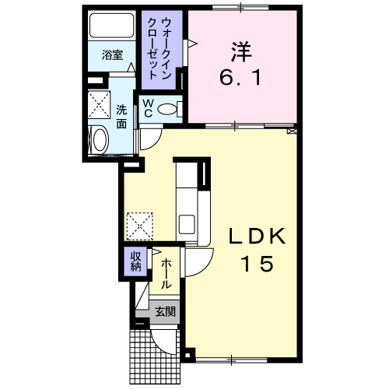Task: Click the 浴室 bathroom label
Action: [112, 55]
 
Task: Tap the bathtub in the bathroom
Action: [111, 26]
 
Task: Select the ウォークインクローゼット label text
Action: [159, 48]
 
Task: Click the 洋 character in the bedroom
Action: [241, 52]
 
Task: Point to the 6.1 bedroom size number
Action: [240, 78]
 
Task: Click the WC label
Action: [148, 109]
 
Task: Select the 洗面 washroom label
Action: [121, 117]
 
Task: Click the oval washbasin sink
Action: [100, 140]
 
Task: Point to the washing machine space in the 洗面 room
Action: [99, 104]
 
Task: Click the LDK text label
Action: [257, 236]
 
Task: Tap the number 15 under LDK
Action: [258, 263]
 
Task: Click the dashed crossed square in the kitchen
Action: [139, 226]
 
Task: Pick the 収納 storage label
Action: [136, 261]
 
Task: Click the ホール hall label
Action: [166, 274]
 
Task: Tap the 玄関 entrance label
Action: [166, 311]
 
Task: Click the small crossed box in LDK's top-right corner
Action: [292, 131]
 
